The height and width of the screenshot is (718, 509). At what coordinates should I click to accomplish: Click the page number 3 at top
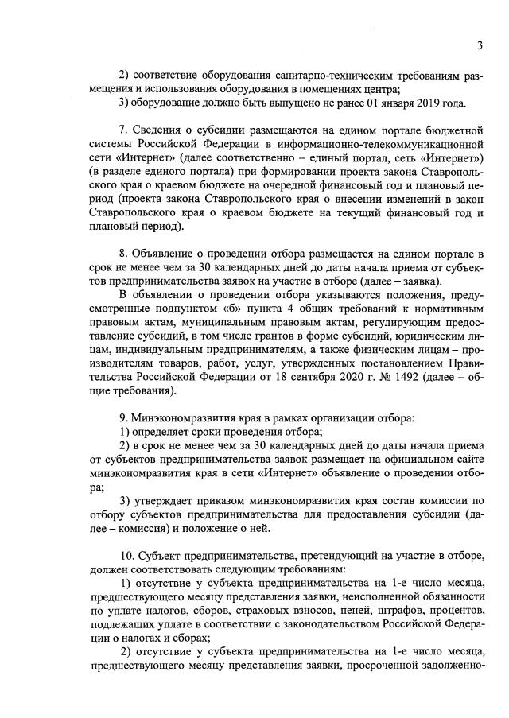point(480,45)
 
